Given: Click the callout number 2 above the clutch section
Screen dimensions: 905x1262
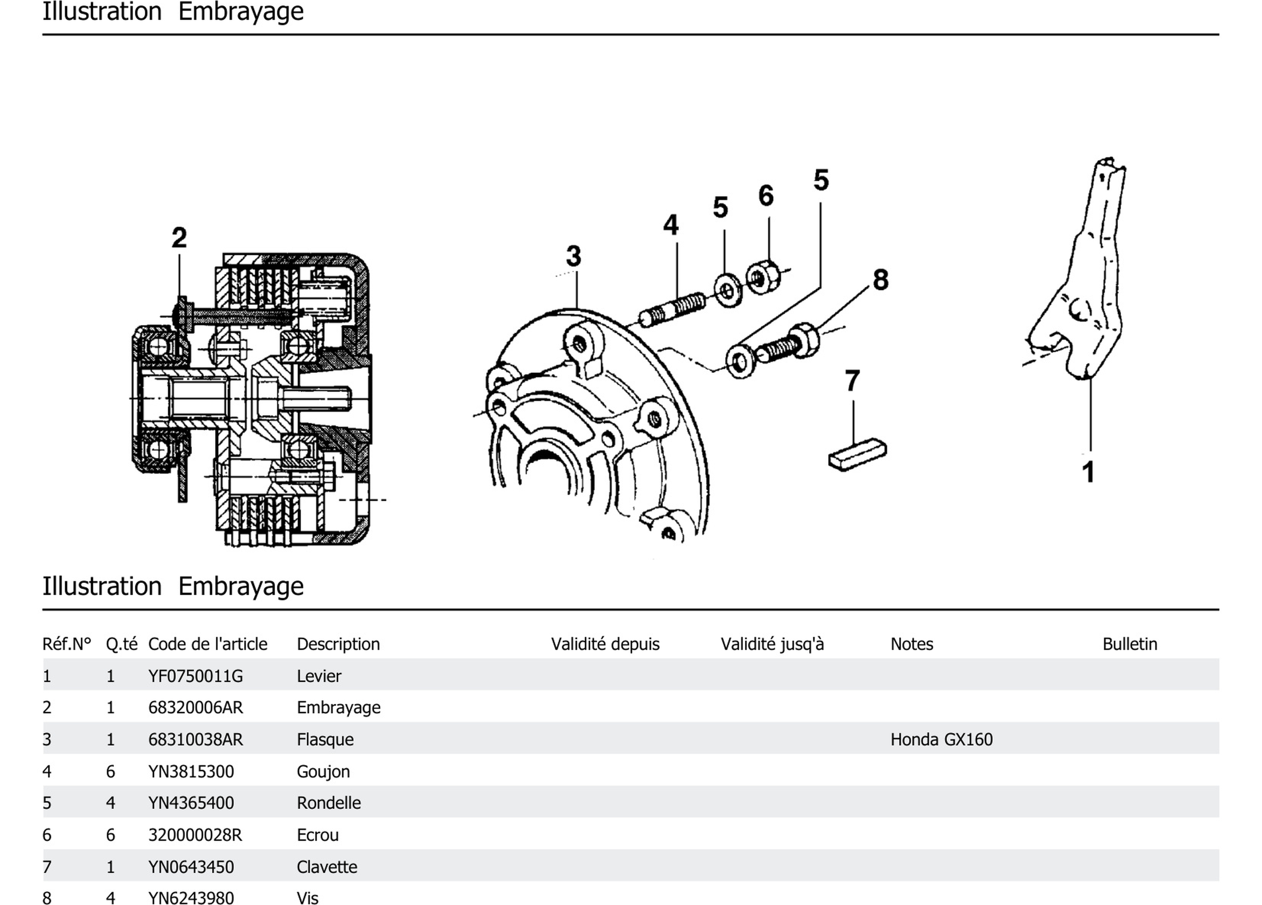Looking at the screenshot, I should tap(179, 238).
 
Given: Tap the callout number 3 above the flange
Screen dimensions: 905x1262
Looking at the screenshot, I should tap(574, 257).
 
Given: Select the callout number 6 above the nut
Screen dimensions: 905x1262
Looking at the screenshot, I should tap(766, 196).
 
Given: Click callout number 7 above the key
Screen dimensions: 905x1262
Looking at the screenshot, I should tap(852, 381).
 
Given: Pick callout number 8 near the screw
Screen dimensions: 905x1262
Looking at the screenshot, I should tap(881, 280).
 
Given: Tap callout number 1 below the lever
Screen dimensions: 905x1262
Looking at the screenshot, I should tap(1088, 472).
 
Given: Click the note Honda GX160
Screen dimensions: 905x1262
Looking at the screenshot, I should tap(941, 740).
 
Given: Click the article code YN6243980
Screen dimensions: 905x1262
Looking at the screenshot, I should tap(191, 898).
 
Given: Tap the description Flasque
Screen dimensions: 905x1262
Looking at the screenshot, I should tap(325, 740).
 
